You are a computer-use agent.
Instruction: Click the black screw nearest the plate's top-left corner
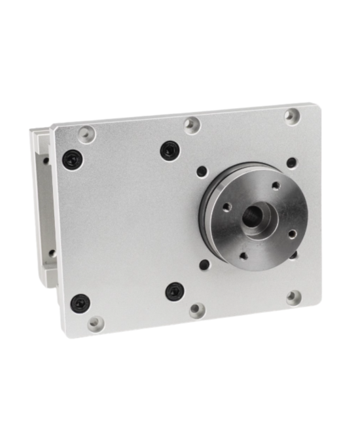point(73,159)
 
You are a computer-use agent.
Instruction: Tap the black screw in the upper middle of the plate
point(170,151)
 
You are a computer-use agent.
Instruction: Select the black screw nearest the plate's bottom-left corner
point(81,303)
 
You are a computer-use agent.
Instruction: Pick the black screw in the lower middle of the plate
point(175,291)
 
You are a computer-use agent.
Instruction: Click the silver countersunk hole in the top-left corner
point(86,134)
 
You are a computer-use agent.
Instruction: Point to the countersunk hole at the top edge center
point(192,124)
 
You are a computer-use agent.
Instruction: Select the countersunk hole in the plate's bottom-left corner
point(96,323)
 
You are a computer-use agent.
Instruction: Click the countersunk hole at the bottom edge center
point(197,310)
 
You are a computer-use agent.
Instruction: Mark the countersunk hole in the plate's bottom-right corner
point(294,298)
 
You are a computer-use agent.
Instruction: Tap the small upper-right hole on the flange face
point(276,185)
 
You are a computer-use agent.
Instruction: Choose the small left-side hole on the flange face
point(226,207)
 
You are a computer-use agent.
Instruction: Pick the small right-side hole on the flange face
point(292,234)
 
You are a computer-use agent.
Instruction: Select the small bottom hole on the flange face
point(243,255)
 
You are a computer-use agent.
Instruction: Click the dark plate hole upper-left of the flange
point(202,171)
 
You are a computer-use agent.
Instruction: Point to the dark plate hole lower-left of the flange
point(204,265)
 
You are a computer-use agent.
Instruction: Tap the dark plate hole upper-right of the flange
point(291,162)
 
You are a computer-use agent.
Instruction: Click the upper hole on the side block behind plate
point(46,160)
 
